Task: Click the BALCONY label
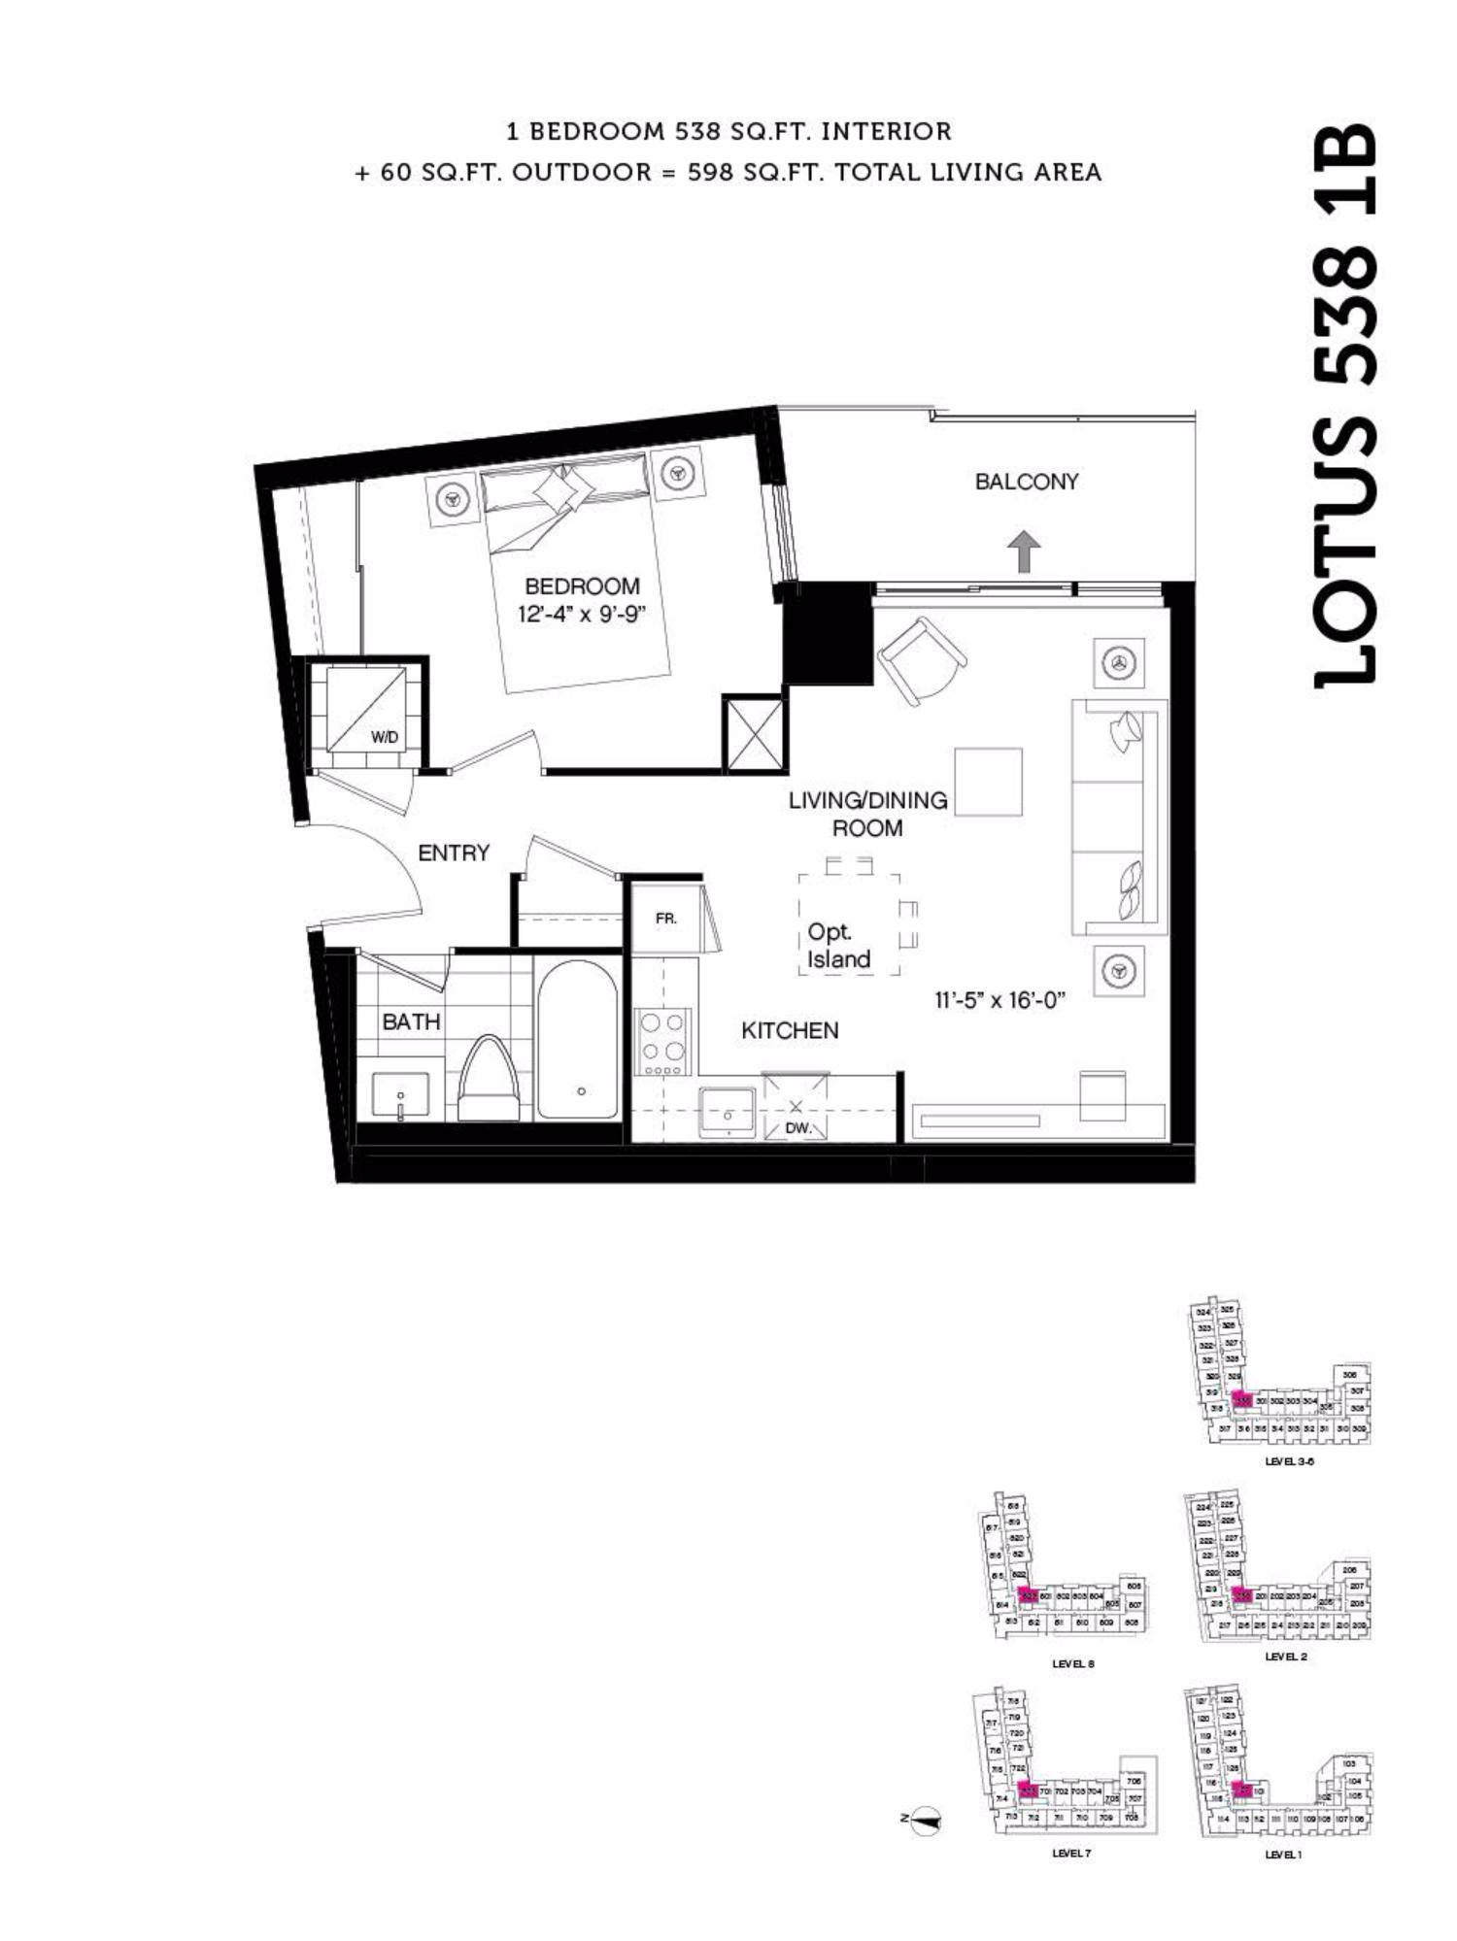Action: pyautogui.click(x=1026, y=482)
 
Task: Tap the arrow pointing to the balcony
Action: pyautogui.click(x=1024, y=552)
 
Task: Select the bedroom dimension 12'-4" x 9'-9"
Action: pyautogui.click(x=582, y=615)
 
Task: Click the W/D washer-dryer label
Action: pyautogui.click(x=385, y=737)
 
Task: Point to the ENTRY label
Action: pyautogui.click(x=454, y=853)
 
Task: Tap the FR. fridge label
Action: pyautogui.click(x=666, y=918)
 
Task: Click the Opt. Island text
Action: pyautogui.click(x=838, y=946)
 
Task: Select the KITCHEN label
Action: pyautogui.click(x=790, y=1030)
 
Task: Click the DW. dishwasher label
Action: pyautogui.click(x=797, y=1128)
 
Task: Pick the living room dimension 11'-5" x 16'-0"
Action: pyautogui.click(x=1000, y=1000)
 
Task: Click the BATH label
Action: pyautogui.click(x=411, y=1021)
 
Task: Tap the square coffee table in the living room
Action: pyautogui.click(x=988, y=782)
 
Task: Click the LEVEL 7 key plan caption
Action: pyautogui.click(x=1071, y=1853)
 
